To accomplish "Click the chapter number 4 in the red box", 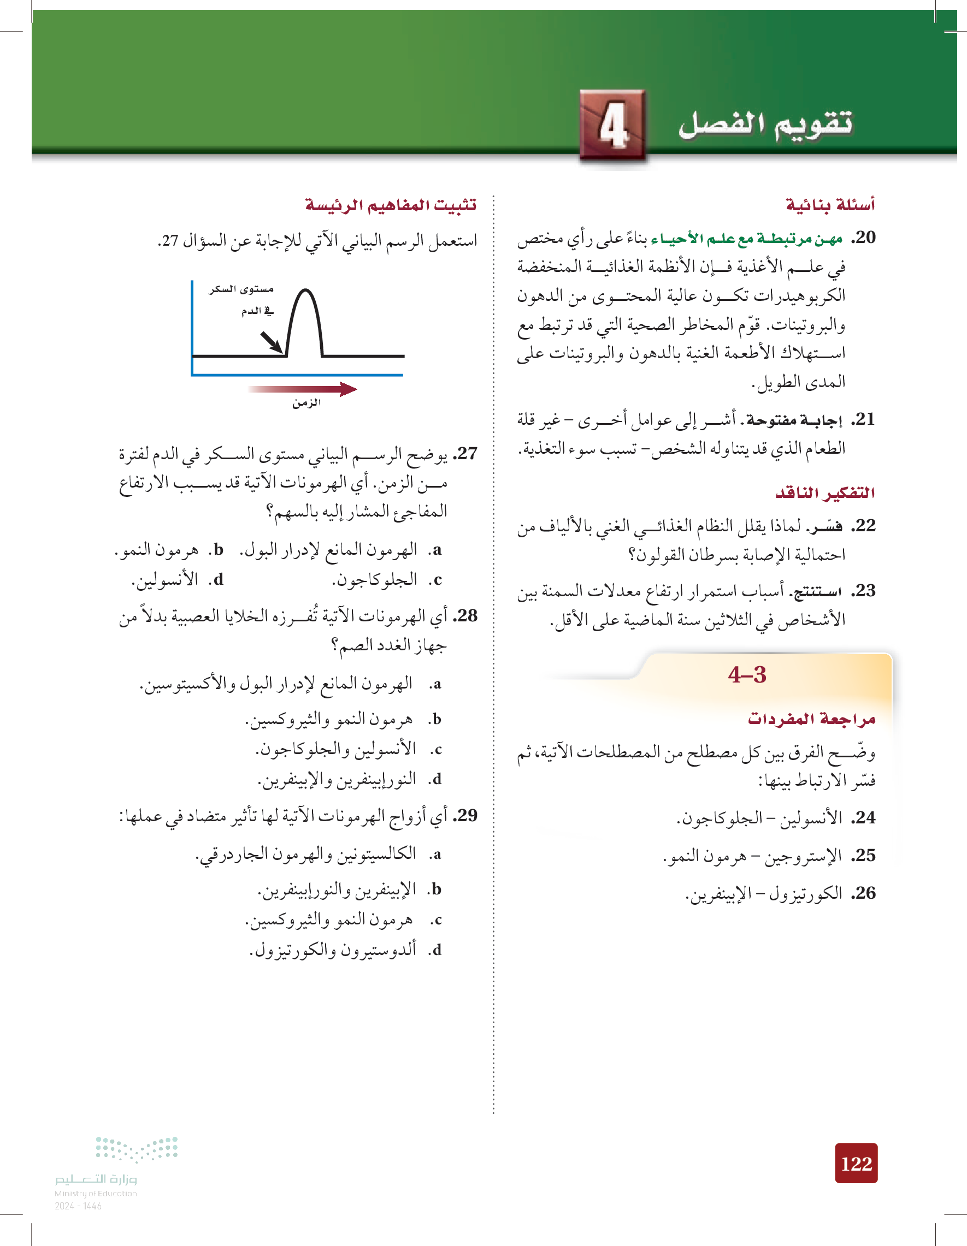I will (x=613, y=126).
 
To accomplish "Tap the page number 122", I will (x=856, y=1163).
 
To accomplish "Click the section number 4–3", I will (x=747, y=675).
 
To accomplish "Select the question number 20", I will (x=864, y=238).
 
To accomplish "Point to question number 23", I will (x=864, y=590).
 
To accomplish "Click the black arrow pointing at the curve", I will (x=271, y=342).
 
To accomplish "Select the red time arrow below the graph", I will (x=303, y=389).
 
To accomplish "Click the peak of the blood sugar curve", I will (x=305, y=291).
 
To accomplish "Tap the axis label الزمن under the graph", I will (x=306, y=404).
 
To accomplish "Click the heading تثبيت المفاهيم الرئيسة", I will (x=391, y=204).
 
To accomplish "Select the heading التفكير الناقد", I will (x=825, y=493).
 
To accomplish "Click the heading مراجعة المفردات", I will (x=811, y=719).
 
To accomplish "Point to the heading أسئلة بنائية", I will (x=830, y=204).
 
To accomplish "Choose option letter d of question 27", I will (x=218, y=580).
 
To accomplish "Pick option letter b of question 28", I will (x=436, y=720).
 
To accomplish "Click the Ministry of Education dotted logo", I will (x=137, y=1148).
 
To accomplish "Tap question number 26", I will (x=864, y=893).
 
